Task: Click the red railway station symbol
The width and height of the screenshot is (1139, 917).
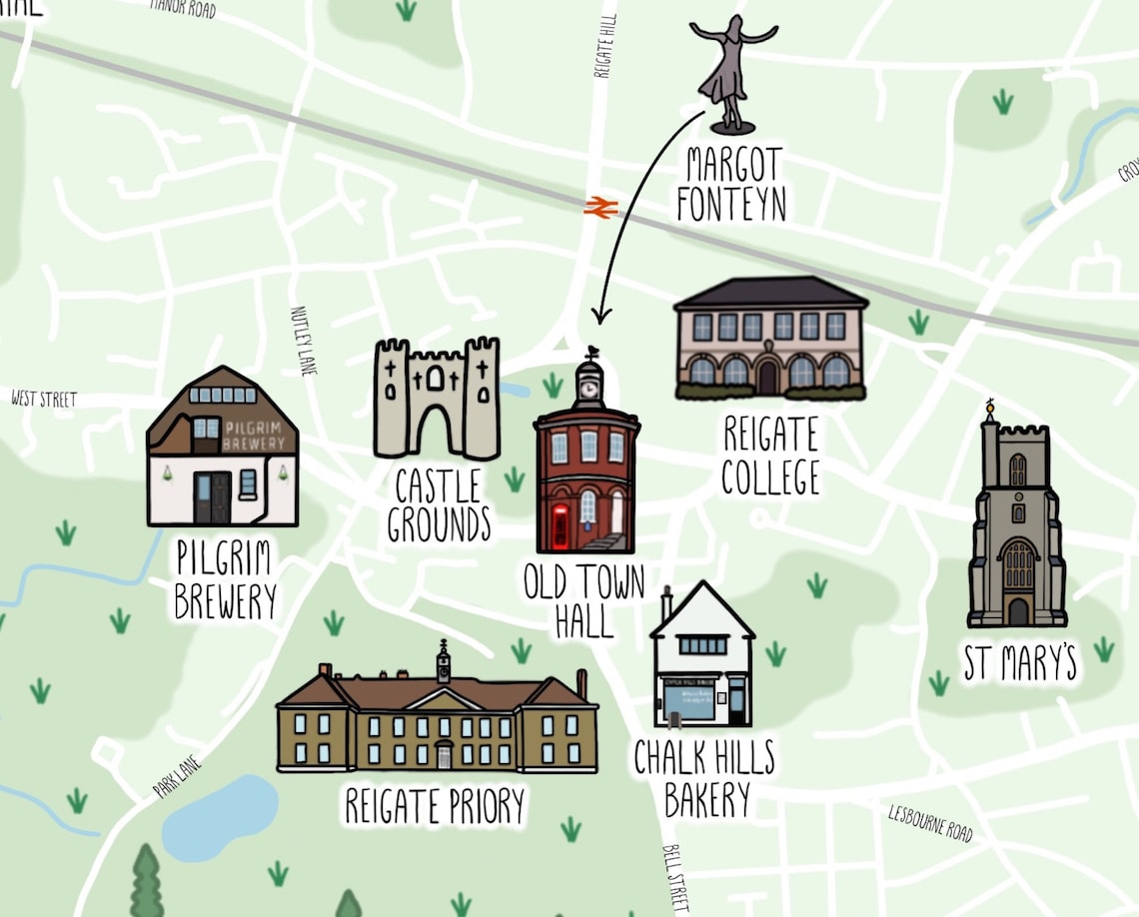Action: tap(601, 207)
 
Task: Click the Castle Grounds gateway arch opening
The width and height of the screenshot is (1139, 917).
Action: tap(436, 432)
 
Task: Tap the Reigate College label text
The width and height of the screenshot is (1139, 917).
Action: tap(770, 457)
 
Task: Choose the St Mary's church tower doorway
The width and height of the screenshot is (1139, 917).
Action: tap(1017, 610)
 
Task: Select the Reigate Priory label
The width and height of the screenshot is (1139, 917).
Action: tap(435, 805)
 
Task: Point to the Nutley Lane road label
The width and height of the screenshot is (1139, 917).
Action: tap(303, 341)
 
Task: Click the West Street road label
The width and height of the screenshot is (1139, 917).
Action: tap(44, 400)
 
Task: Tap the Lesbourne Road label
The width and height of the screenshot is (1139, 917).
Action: tap(930, 822)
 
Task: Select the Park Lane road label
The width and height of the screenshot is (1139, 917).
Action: tap(177, 777)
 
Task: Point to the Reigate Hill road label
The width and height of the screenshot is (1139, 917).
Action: tap(605, 46)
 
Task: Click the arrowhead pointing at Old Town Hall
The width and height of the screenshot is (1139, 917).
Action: tap(599, 317)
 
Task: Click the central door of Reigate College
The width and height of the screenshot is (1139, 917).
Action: tap(767, 376)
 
